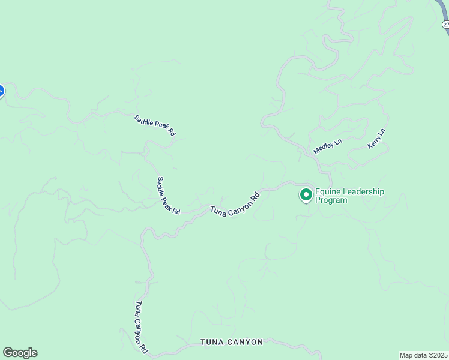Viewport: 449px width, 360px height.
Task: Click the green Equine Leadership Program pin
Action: click(306, 195)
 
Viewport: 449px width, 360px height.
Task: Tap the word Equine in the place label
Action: click(328, 192)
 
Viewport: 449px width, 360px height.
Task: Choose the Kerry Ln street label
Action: click(376, 139)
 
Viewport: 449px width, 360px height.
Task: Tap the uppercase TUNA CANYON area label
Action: click(232, 342)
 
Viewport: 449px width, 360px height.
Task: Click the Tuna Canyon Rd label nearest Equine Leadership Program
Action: click(235, 205)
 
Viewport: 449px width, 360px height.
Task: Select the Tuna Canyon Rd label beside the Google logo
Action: click(141, 326)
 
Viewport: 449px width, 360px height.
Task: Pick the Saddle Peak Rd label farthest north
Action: click(154, 125)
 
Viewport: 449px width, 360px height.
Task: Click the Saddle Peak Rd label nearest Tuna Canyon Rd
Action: click(168, 196)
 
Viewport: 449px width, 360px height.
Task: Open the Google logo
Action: click(20, 353)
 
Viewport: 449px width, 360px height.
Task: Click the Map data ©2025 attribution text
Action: click(423, 355)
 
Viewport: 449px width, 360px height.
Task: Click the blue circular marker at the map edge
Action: click(1, 91)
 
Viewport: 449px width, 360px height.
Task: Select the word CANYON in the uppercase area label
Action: click(244, 342)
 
